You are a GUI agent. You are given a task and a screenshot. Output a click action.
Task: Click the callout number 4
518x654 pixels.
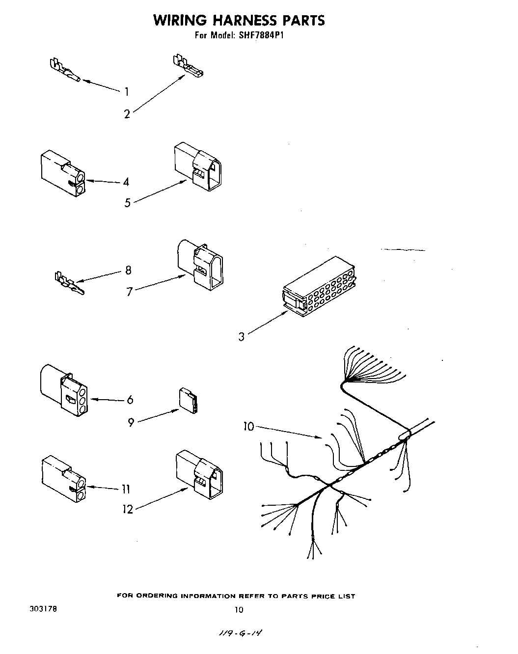coord(126,182)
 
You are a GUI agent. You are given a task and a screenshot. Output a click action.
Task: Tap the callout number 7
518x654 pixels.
coord(130,292)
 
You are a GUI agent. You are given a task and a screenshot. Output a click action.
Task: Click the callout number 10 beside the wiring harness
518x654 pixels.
coord(249,427)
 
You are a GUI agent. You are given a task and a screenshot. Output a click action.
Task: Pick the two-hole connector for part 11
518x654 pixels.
coord(63,479)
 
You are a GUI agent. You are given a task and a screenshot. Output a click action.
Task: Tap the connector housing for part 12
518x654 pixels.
coord(198,474)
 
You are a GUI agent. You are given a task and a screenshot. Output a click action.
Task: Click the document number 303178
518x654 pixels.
coord(43,608)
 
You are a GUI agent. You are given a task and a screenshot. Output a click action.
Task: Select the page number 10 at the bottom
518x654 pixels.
coord(239,610)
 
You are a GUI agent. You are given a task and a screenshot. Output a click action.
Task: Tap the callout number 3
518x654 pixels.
coord(242,337)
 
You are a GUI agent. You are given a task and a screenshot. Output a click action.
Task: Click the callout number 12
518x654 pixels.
coord(128,509)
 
